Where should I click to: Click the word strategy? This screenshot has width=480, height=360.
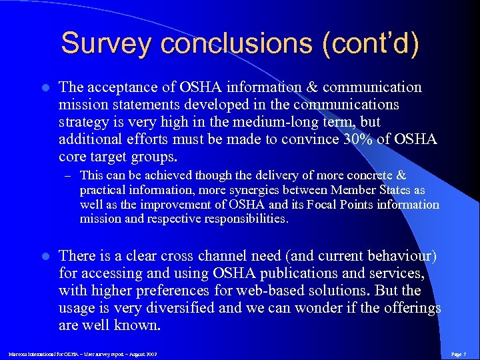tap(82, 121)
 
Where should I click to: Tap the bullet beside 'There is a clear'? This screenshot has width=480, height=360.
tap(45, 256)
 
